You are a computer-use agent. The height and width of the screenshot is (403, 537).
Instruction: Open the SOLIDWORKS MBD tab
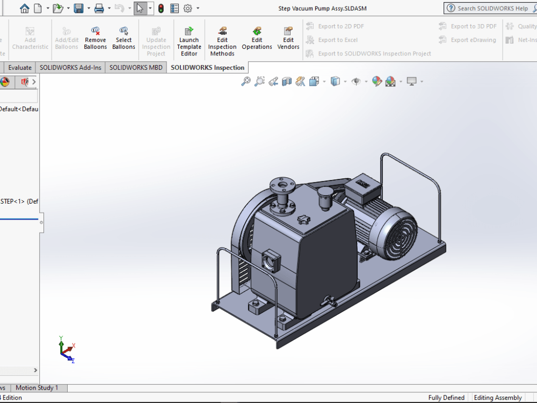[x=136, y=68]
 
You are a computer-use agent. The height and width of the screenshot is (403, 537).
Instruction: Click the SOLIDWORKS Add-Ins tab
[x=70, y=68]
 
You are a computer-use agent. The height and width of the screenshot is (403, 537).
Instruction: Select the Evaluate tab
[x=20, y=68]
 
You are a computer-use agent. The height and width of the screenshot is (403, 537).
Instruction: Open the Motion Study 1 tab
[x=37, y=388]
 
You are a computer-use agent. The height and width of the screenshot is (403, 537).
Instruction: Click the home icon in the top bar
[x=25, y=9]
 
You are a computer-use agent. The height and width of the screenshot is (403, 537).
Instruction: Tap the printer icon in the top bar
[x=99, y=9]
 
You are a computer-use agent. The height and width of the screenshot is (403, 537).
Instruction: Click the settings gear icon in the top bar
[x=188, y=9]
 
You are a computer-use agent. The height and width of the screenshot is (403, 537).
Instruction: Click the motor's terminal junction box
[x=362, y=188]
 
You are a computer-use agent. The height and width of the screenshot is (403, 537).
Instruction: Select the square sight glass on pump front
[x=270, y=262]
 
